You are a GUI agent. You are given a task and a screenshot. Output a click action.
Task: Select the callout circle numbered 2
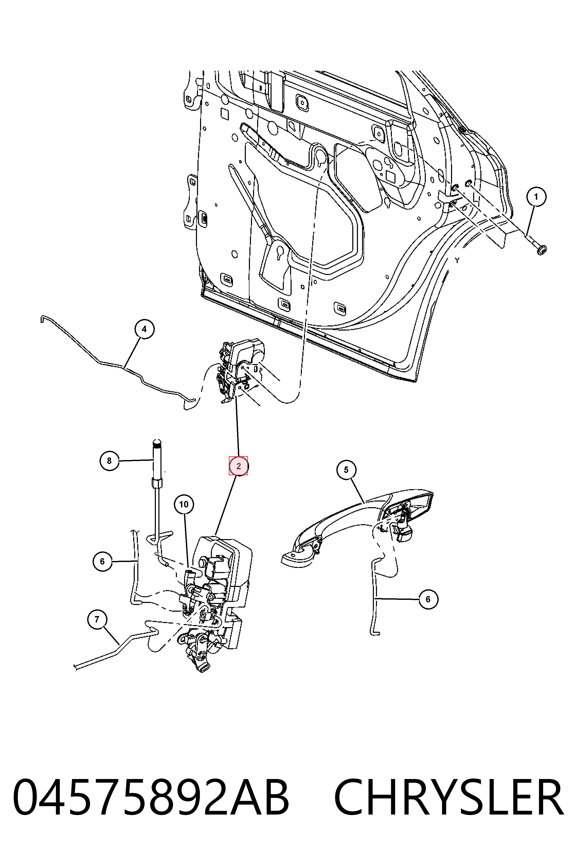click(x=238, y=466)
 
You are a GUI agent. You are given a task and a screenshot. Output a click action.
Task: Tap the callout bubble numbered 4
click(x=144, y=329)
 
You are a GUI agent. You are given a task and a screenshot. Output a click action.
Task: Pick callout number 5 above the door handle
click(x=346, y=470)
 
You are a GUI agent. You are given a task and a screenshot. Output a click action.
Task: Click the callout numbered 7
click(x=97, y=619)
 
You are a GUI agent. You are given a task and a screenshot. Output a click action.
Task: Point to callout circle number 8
click(x=109, y=461)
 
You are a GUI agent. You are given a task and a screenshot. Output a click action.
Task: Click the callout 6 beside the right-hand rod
click(x=428, y=599)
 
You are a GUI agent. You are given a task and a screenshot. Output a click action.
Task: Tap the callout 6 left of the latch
click(x=102, y=561)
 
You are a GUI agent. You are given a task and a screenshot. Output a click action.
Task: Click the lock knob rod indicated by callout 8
click(x=157, y=489)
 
